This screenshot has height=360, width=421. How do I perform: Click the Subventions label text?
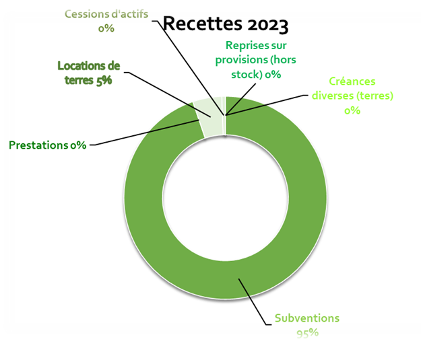pos(307,318)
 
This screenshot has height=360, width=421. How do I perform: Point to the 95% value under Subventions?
pos(307,332)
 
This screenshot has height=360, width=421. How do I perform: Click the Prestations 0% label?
pos(47,145)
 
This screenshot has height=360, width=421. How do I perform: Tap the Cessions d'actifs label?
pos(107,15)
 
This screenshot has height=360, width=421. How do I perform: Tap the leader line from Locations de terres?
pos(162,87)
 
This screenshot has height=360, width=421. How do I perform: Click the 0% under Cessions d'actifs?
pos(106,28)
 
